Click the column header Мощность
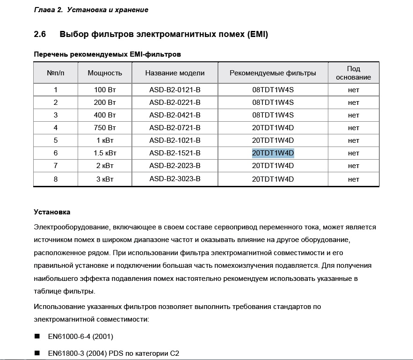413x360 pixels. click(105, 73)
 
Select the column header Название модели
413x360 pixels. click(175, 73)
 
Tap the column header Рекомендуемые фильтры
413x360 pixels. click(273, 73)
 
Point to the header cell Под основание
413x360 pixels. click(354, 73)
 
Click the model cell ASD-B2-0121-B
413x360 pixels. click(175, 90)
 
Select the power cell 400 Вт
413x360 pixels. click(105, 115)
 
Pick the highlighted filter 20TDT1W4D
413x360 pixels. click(273, 153)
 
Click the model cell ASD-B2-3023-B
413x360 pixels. click(175, 179)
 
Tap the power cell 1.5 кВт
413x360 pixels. click(105, 153)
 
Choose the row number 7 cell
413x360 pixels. click(56, 166)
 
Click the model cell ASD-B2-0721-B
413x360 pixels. click(175, 128)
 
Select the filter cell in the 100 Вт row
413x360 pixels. click(273, 90)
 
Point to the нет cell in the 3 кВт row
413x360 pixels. click(354, 179)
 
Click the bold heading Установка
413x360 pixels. click(52, 212)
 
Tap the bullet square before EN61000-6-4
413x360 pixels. click(37, 337)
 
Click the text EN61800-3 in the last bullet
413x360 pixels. click(64, 353)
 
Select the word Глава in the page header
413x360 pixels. click(44, 9)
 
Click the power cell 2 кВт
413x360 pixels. click(105, 166)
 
